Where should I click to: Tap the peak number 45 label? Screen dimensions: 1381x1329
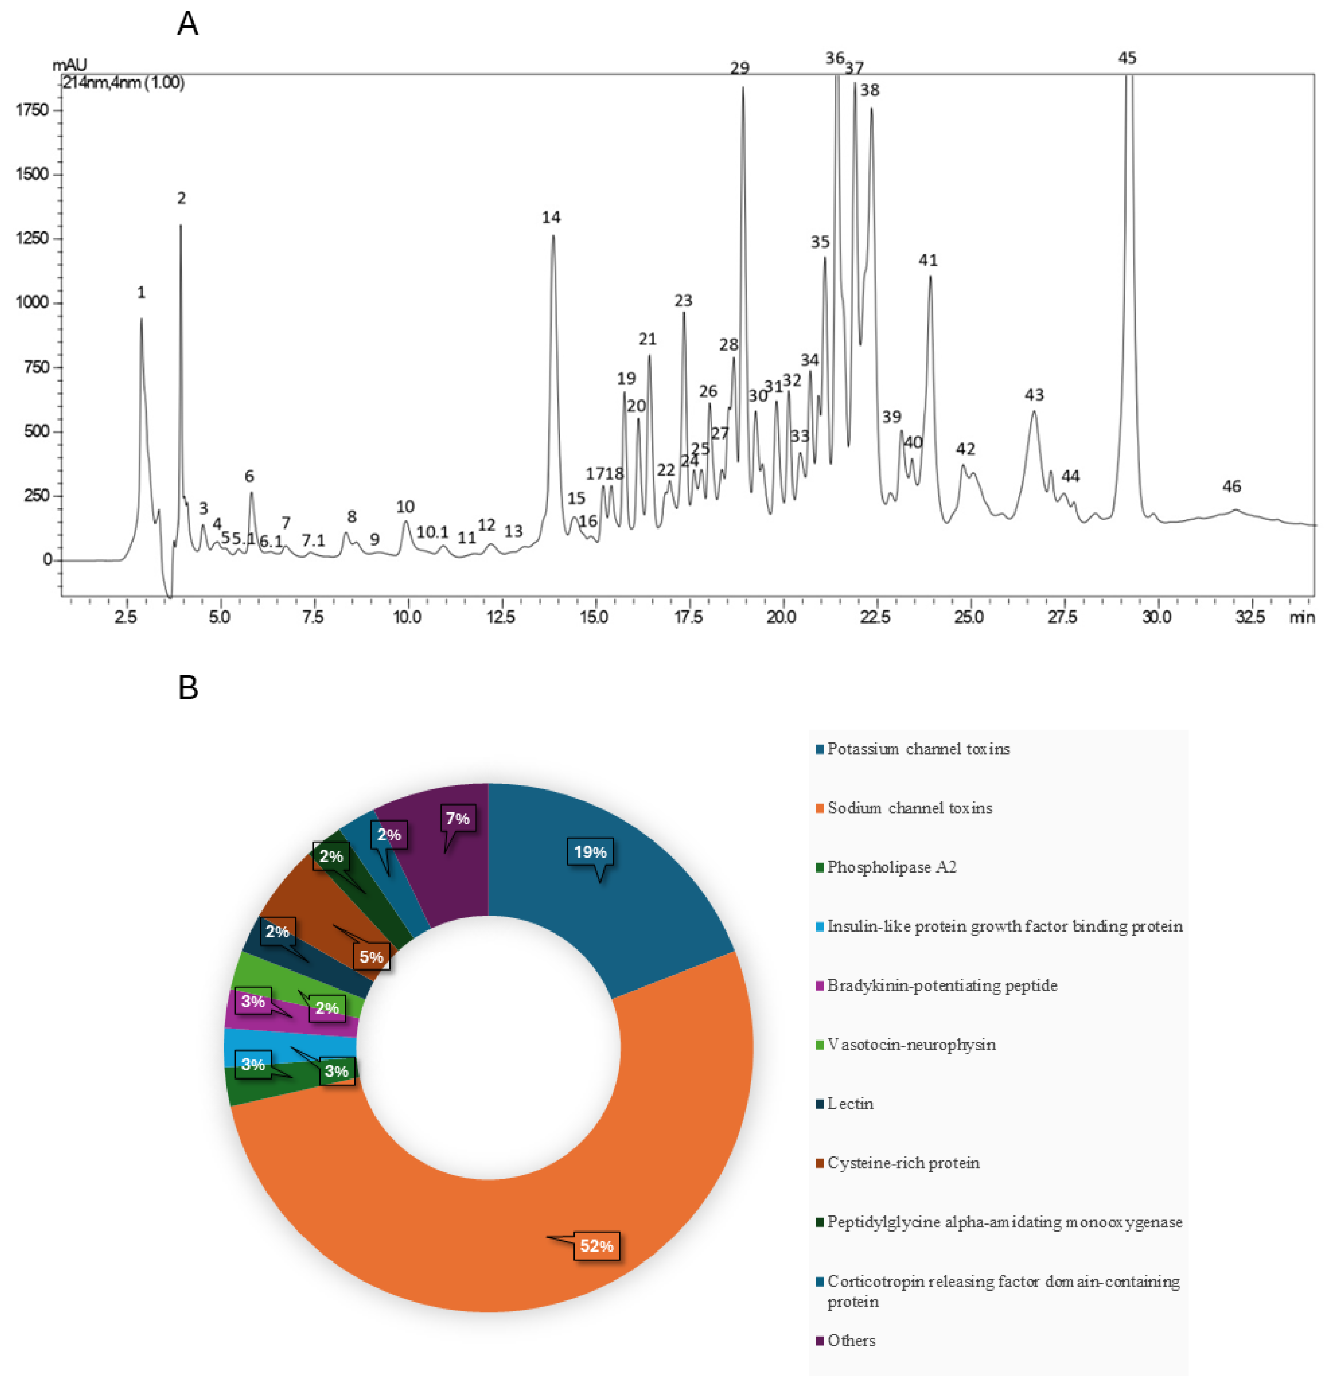[1127, 58]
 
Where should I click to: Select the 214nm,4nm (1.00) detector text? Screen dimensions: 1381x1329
[124, 83]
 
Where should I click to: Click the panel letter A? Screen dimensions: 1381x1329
[188, 24]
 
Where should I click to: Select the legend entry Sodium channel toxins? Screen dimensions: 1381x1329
[910, 808]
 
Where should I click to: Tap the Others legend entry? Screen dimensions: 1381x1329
[851, 1340]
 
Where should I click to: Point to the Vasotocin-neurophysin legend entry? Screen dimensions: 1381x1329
[911, 1045]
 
